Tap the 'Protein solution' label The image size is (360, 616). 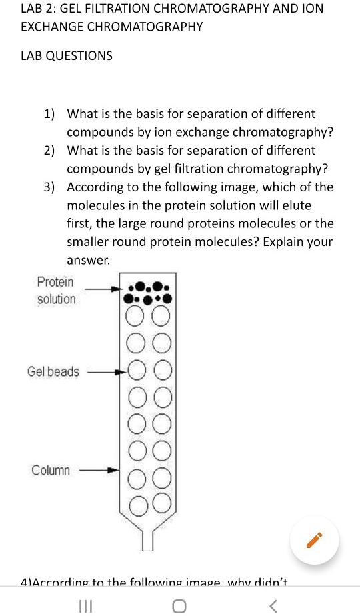tap(57, 291)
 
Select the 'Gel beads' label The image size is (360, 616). tap(53, 371)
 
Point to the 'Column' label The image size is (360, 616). tap(51, 470)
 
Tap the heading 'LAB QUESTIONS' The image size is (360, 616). tap(66, 56)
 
